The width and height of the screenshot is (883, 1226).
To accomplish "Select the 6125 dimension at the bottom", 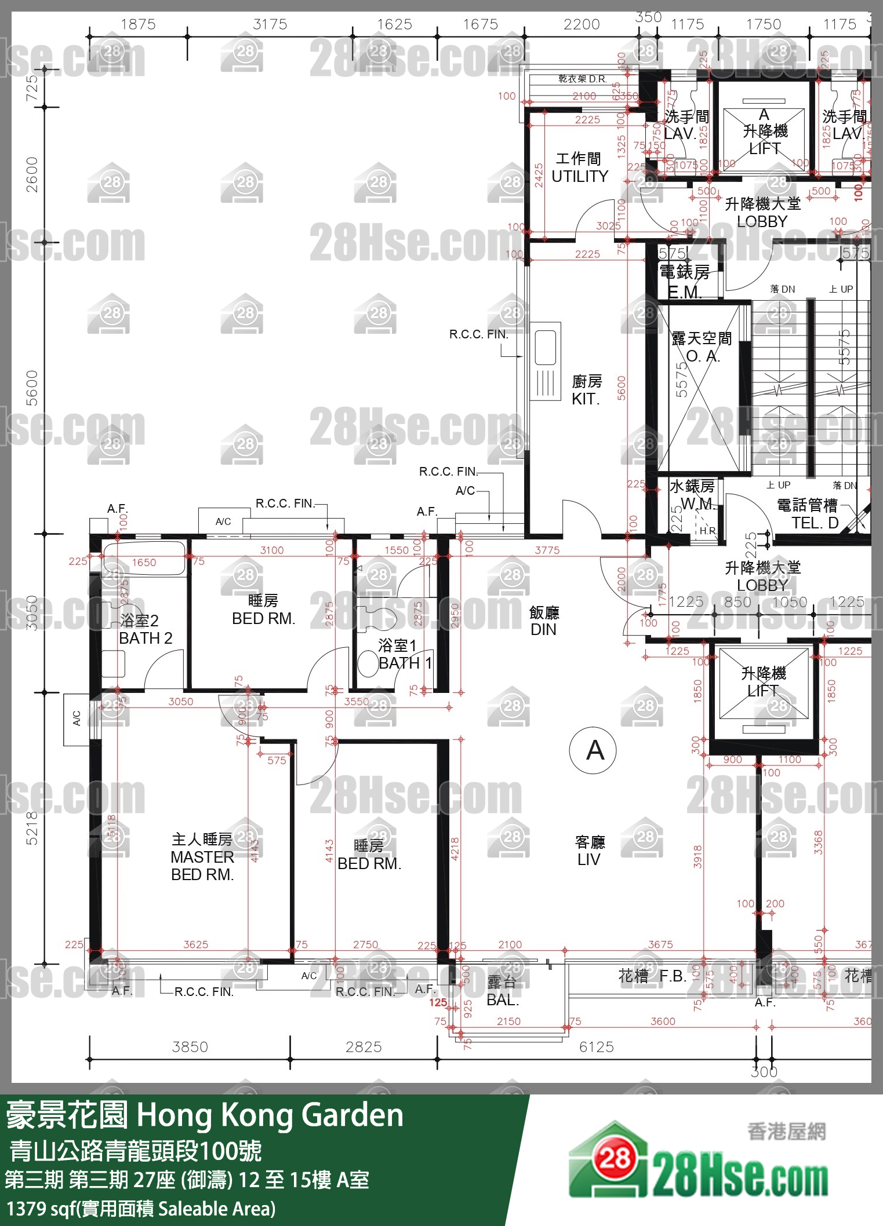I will [x=596, y=1047].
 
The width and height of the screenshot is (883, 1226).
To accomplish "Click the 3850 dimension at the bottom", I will [x=190, y=1047].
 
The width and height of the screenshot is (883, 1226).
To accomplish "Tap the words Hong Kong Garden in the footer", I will [x=270, y=1115].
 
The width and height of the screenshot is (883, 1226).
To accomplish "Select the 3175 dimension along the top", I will [x=270, y=24].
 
